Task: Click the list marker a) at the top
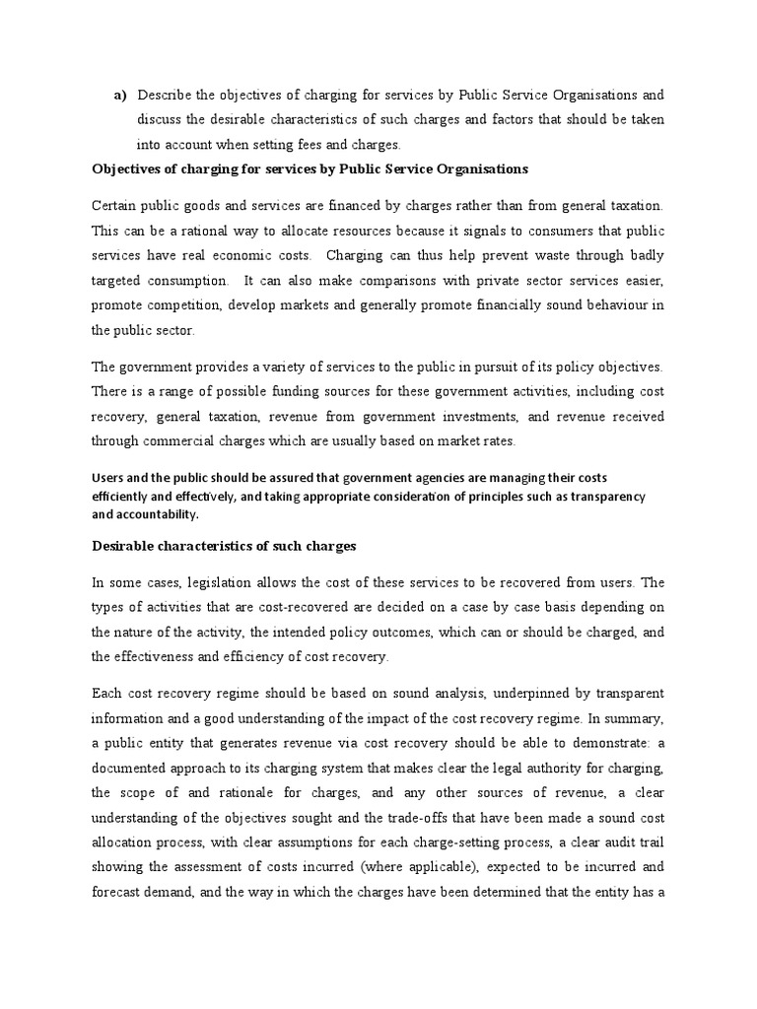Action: coord(121,96)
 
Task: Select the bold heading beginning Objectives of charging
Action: coord(310,168)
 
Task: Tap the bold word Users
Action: coord(109,478)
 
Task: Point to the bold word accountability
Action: coord(158,513)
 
